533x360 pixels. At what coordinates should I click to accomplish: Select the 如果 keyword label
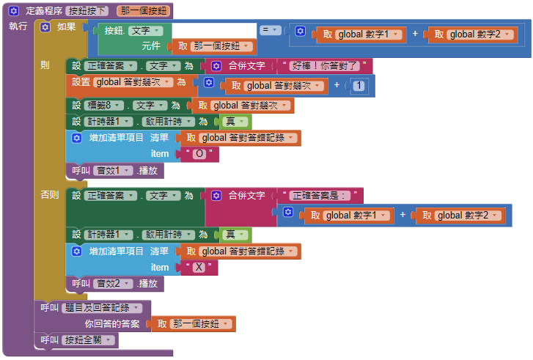point(66,27)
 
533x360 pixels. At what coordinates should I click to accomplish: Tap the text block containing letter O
point(201,153)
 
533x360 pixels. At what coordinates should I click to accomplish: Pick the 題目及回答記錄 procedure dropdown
point(103,308)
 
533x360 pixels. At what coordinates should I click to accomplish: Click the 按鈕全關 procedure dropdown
point(88,340)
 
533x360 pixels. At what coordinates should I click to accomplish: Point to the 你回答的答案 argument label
point(111,324)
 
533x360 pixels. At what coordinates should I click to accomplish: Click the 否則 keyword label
point(50,195)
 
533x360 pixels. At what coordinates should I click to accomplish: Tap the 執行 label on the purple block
point(18,26)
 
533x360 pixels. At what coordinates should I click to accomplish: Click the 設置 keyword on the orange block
point(81,82)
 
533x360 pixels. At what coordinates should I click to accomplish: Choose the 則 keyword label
point(45,65)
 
